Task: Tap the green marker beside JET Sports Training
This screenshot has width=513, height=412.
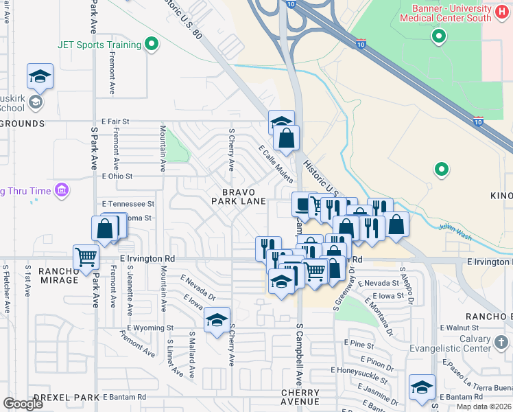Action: pos(152,45)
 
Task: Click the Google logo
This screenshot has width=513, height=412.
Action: pos(23,404)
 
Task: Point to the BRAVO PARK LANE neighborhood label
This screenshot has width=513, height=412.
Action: pos(239,196)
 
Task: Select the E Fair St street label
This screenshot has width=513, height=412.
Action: pos(115,122)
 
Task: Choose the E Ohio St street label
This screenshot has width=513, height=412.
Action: pos(117,176)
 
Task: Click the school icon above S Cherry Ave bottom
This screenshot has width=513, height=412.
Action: pos(217,319)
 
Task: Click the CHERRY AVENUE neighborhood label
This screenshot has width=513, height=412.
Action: pos(300,396)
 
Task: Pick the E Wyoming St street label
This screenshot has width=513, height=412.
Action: pos(150,328)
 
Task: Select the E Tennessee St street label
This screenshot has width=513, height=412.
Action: pos(128,204)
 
